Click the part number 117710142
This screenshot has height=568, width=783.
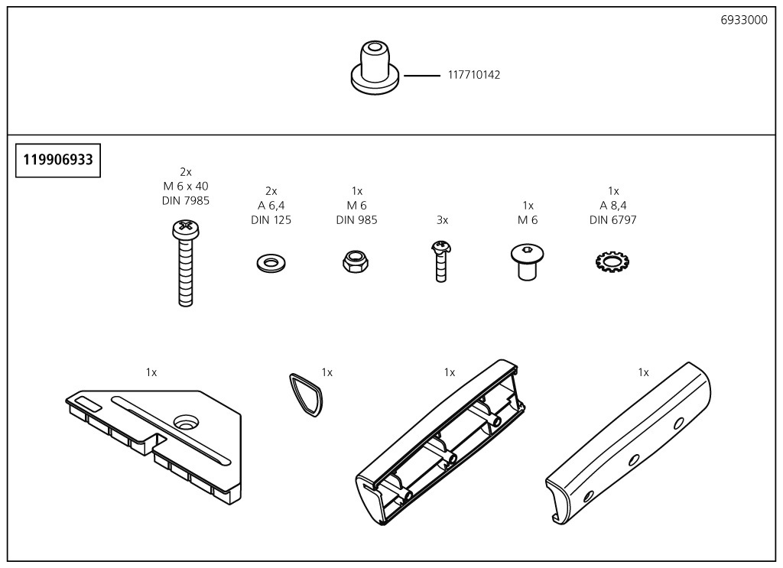point(474,75)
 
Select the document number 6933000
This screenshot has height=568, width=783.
point(743,21)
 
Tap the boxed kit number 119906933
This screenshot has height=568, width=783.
point(58,160)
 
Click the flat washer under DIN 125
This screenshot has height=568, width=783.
point(269,264)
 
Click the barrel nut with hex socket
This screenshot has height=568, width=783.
point(527,261)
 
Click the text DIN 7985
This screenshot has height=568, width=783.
point(185,201)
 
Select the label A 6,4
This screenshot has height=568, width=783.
point(271,206)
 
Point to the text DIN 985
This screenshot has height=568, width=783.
point(356,220)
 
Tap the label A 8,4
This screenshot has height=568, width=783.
point(612,206)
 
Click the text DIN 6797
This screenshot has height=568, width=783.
point(612,220)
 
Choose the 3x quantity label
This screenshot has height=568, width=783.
point(442,220)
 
